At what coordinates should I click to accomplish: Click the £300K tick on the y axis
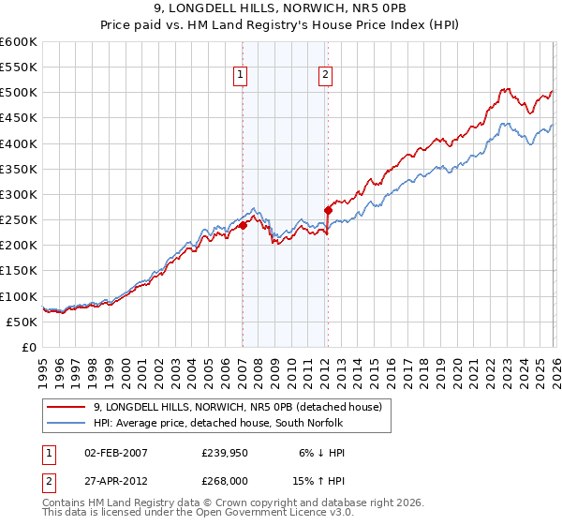coord(19,194)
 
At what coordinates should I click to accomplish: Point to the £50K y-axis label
coord(22,322)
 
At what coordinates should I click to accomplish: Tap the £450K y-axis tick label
coord(19,118)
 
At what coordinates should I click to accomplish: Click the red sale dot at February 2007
coord(243,225)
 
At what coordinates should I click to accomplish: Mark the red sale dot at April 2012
coord(328,210)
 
